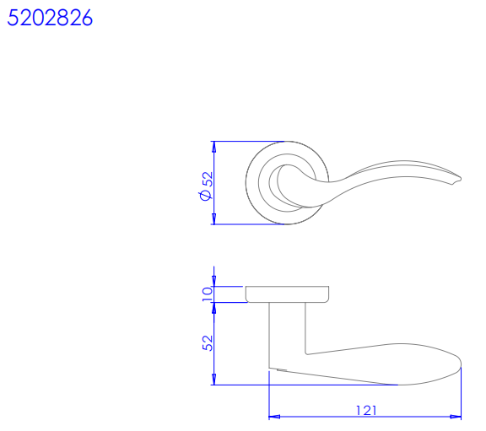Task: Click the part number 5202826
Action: point(50,18)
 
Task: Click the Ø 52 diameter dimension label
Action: point(207,186)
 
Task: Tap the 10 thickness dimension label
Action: point(207,294)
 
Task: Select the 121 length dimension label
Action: point(366,410)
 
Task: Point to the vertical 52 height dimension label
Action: point(208,343)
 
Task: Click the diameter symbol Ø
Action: point(206,195)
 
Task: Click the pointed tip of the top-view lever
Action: point(461,179)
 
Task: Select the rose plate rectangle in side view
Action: point(287,294)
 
